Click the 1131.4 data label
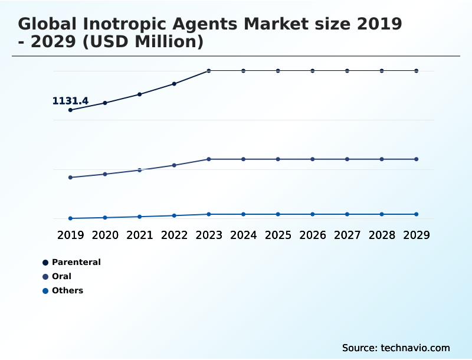tap(70, 101)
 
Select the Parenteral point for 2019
tap(71, 110)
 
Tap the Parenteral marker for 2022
tap(174, 84)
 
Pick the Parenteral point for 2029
tap(416, 71)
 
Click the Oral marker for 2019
tap(71, 177)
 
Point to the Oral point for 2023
tap(209, 159)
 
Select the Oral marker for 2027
tap(347, 159)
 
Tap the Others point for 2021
tap(140, 217)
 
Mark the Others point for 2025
tap(278, 214)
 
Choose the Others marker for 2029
tap(416, 214)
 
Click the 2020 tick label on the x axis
tap(105, 235)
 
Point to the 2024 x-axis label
tap(243, 235)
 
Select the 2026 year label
tap(312, 235)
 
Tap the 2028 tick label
tap(381, 235)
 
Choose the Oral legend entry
tap(61, 276)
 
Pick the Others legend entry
tap(67, 290)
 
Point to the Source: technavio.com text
tap(396, 348)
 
